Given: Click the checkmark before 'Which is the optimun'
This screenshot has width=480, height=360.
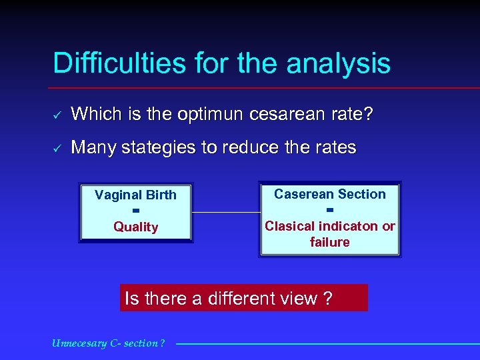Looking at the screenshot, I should [57, 115].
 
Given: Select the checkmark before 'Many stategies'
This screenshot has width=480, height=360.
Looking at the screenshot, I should [57, 148].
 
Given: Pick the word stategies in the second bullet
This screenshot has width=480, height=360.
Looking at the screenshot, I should [167, 147].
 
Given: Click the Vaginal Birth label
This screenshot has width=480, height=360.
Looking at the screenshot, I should [135, 195].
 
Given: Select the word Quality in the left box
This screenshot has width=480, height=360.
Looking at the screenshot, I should [135, 227].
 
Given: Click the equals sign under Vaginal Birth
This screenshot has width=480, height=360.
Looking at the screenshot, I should [135, 211].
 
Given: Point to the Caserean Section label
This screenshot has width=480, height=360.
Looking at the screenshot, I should [330, 194].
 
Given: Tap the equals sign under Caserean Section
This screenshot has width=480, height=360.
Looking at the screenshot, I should [330, 210].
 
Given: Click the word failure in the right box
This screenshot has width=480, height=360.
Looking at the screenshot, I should [330, 242].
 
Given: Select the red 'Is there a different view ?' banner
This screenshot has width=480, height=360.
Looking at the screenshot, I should [244, 298].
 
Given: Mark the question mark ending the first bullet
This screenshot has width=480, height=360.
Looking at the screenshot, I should [368, 115].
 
